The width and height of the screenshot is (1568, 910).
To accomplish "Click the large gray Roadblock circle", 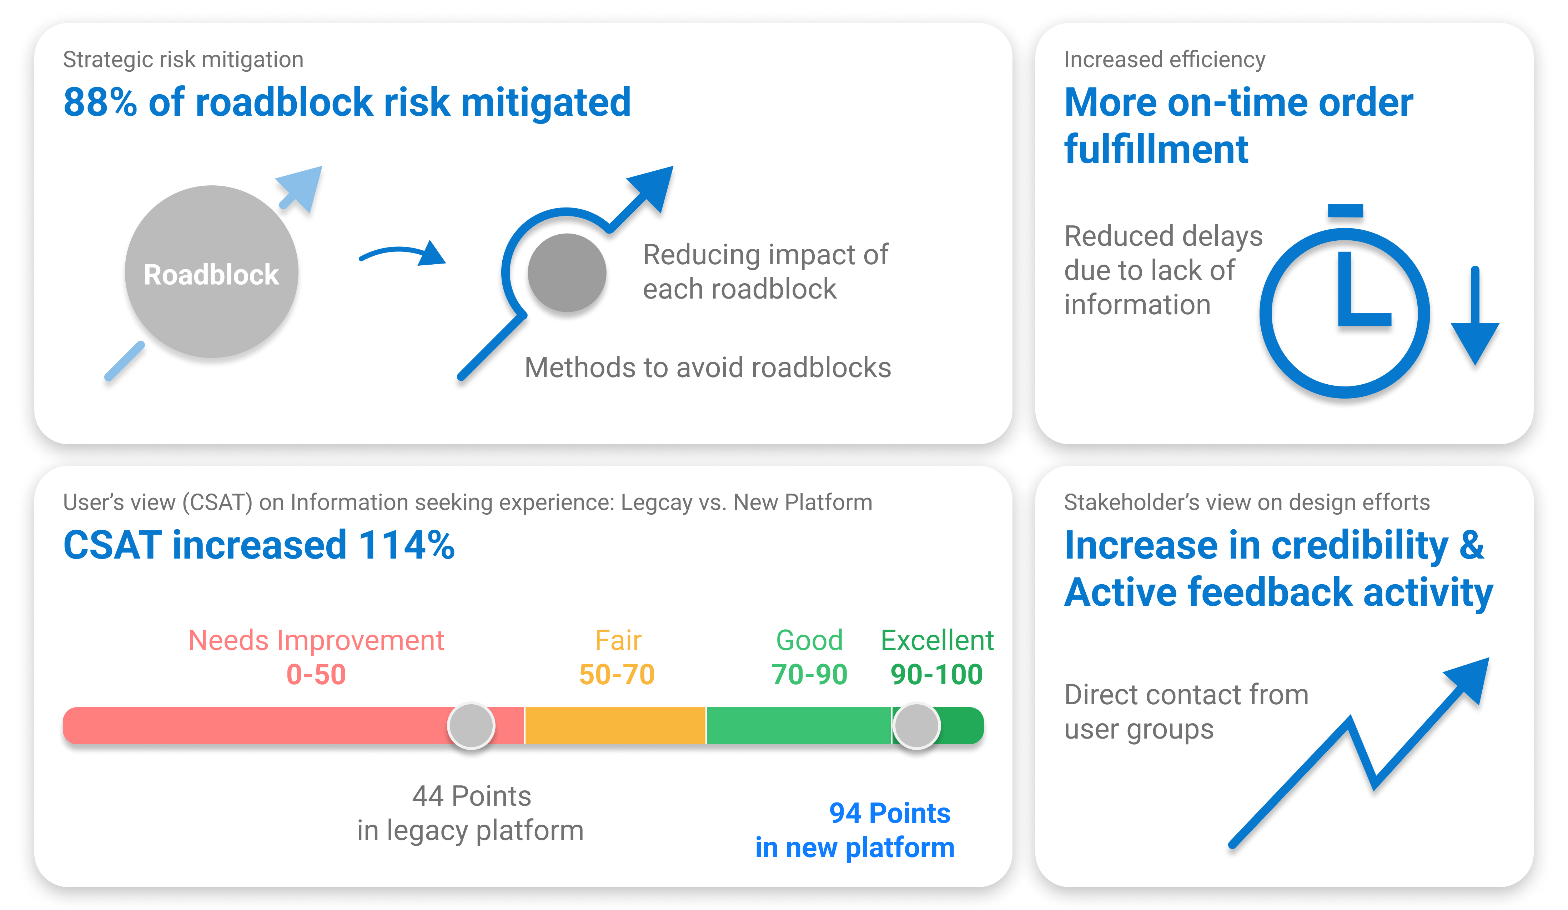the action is pos(212,272).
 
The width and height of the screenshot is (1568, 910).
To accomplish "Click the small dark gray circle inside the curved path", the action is pos(567,272).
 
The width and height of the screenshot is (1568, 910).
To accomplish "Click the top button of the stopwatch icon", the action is pos(1345,210).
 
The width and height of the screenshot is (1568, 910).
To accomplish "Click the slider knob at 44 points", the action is pos(471,726).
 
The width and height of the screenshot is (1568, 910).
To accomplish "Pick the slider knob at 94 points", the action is pos(916,726).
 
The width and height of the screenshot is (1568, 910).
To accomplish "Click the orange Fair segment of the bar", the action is pos(615,726).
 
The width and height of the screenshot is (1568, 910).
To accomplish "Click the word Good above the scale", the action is pos(809,640).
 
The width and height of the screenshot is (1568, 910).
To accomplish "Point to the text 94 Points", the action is pos(890,813).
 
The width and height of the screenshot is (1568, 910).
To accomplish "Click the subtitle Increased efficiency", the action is pos(1164,60).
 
